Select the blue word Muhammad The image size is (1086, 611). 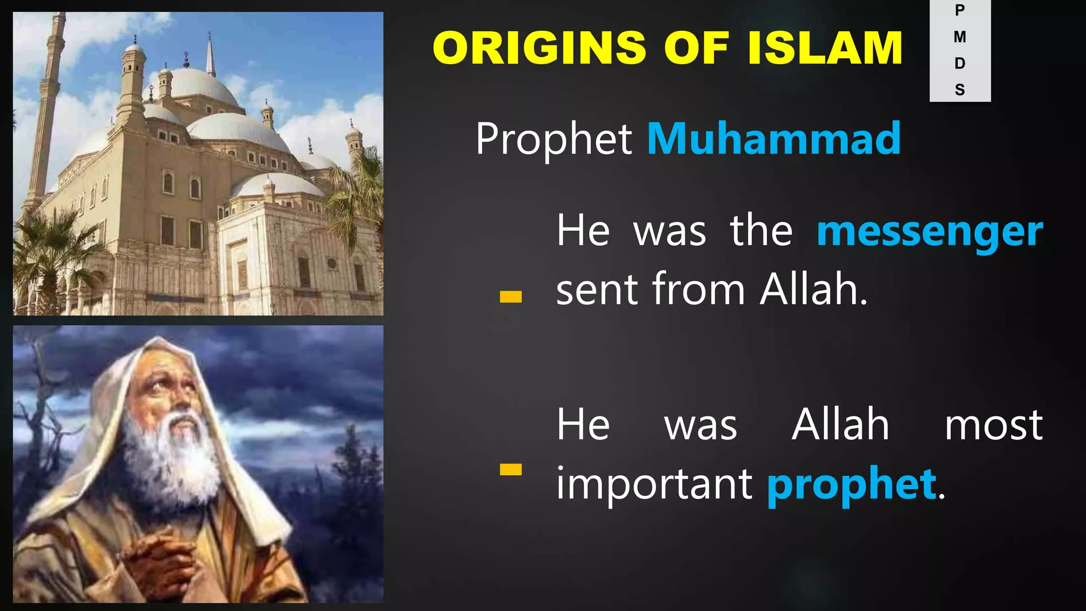click(774, 138)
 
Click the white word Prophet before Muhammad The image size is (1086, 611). click(554, 139)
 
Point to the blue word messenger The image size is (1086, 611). click(930, 232)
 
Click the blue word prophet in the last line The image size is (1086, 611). click(852, 484)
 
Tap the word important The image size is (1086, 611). click(654, 484)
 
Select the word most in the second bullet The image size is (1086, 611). click(994, 425)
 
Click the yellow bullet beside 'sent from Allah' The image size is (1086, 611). click(511, 297)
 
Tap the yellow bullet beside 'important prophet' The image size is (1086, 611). click(511, 469)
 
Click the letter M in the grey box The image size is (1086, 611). click(960, 37)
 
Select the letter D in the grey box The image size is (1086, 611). click(960, 64)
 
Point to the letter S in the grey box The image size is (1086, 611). click(960, 90)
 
